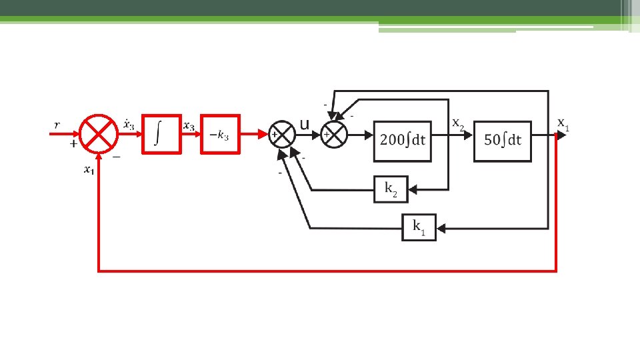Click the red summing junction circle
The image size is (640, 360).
click(99, 133)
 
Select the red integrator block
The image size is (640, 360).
click(161, 133)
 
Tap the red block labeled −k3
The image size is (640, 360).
click(220, 133)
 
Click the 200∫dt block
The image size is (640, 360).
click(402, 141)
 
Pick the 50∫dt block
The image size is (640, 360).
click(503, 141)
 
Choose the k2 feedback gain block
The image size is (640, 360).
click(391, 190)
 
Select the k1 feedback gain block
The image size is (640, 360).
click(419, 227)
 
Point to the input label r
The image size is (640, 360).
click(57, 125)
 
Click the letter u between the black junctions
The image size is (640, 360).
click(305, 125)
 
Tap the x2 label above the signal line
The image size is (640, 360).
click(459, 123)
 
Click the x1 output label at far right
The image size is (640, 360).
click(563, 123)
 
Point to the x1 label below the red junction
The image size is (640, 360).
click(88, 170)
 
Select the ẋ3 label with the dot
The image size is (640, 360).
click(128, 124)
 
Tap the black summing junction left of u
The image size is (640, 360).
click(281, 134)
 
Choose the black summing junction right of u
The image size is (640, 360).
click(335, 134)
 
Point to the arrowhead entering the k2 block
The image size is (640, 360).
click(412, 190)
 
